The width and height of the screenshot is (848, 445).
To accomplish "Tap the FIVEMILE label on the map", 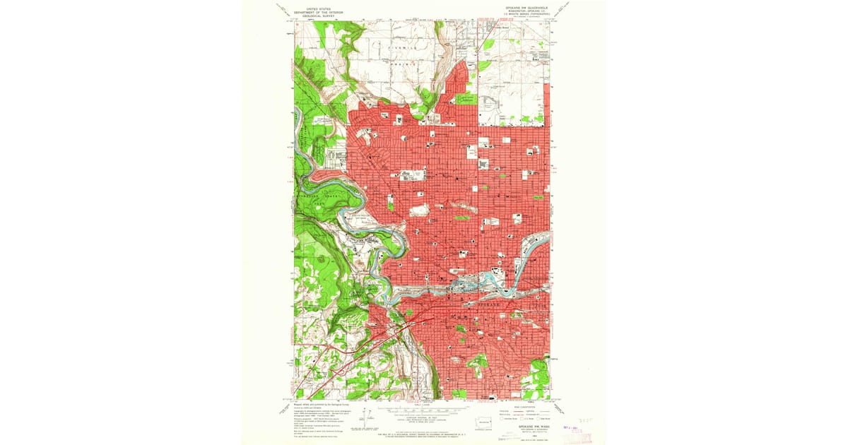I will click(x=400, y=44).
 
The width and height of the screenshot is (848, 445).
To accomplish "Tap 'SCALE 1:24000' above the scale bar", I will click(x=423, y=403).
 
